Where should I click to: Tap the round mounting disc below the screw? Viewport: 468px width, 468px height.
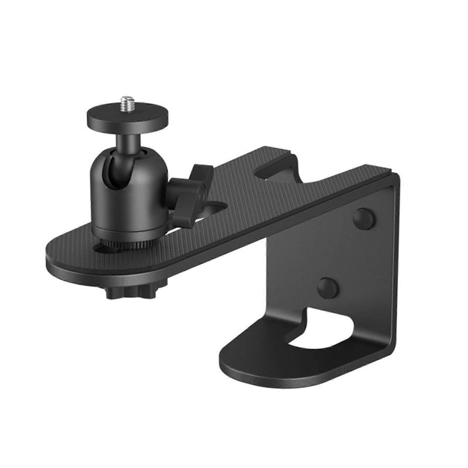click(128, 117)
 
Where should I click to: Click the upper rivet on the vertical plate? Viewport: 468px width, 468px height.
click(363, 218)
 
